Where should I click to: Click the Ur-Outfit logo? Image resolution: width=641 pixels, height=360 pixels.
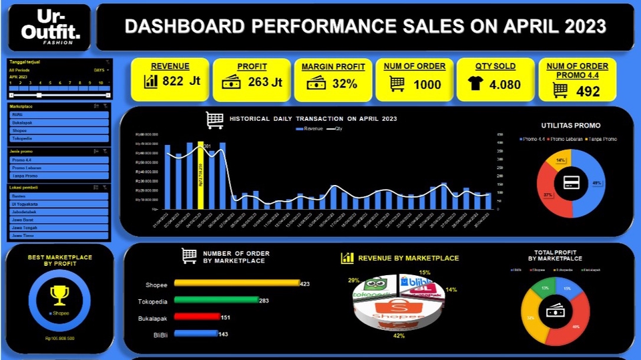(50, 27)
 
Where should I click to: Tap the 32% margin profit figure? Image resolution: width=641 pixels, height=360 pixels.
(345, 83)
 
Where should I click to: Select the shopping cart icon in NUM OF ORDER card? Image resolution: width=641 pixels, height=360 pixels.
(397, 84)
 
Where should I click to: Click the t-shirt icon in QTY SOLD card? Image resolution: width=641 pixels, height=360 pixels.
(475, 83)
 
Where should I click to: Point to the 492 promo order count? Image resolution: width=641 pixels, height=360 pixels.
(588, 91)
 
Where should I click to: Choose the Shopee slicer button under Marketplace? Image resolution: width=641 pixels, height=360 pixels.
(59, 130)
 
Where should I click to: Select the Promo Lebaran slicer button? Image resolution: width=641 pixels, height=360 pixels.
(59, 168)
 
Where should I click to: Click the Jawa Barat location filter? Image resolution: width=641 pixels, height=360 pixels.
(59, 219)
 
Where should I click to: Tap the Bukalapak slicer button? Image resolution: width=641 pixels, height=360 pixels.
(59, 122)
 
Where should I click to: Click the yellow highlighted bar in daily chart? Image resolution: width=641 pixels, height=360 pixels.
(200, 175)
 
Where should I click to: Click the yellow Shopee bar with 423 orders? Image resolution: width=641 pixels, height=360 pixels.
(236, 283)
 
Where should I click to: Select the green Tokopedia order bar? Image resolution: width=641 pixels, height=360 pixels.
(216, 300)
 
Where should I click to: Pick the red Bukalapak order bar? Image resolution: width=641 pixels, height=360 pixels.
(197, 317)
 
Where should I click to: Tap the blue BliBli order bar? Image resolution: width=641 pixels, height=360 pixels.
(196, 333)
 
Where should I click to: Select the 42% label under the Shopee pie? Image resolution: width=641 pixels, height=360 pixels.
(399, 336)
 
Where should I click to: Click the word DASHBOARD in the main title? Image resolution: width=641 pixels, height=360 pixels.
(176, 27)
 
